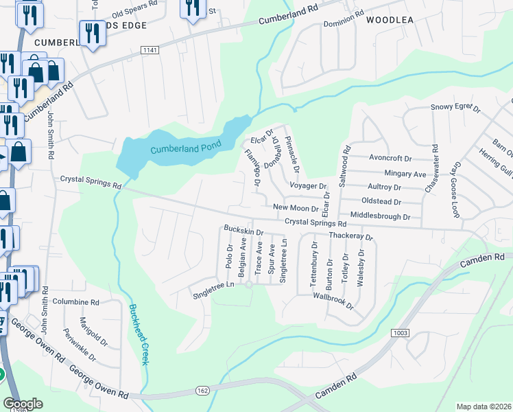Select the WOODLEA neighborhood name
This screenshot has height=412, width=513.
390,20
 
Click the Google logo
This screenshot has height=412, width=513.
23,404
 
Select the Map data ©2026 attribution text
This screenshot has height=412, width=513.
484,407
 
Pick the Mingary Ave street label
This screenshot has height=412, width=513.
405,174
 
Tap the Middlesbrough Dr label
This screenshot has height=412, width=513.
379,216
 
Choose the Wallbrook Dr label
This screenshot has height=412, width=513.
333,300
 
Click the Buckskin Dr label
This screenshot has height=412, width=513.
243,230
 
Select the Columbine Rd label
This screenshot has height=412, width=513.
75,302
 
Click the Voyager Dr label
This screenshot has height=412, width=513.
308,186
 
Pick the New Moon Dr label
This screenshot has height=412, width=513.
296,207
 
